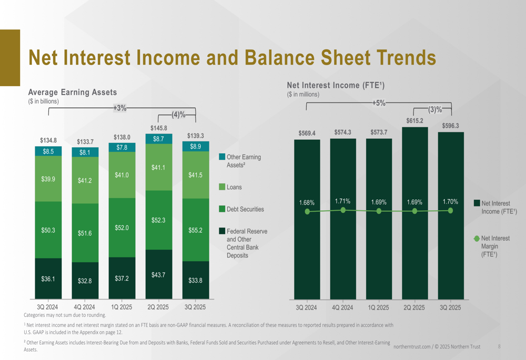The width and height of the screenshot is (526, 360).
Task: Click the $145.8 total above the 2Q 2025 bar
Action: tap(158, 128)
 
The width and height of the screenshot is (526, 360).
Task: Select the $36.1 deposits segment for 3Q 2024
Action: tap(48, 279)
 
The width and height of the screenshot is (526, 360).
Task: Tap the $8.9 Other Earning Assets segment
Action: tap(195, 147)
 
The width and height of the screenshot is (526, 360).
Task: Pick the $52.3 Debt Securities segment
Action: tap(158, 220)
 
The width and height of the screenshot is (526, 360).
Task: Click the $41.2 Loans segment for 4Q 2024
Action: tap(85, 180)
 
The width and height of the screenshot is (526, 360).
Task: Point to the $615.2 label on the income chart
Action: tap(414, 121)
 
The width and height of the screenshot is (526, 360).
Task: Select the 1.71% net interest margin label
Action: tap(343, 201)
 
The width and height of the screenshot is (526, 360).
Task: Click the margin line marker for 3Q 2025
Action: tap(450, 210)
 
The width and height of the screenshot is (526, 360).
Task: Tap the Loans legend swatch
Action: tap(222, 187)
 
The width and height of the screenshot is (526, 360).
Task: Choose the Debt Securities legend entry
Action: tap(245, 209)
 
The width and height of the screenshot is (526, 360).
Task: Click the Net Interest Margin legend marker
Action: tap(477, 238)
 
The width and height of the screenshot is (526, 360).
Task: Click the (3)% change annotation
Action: tap(435, 109)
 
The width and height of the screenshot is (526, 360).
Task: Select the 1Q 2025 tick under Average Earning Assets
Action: tap(122, 307)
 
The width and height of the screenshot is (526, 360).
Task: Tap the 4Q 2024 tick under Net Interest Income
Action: tap(342, 307)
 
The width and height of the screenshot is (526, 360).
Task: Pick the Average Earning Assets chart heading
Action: tap(72, 92)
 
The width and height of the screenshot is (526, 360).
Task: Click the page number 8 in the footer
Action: tap(499, 346)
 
